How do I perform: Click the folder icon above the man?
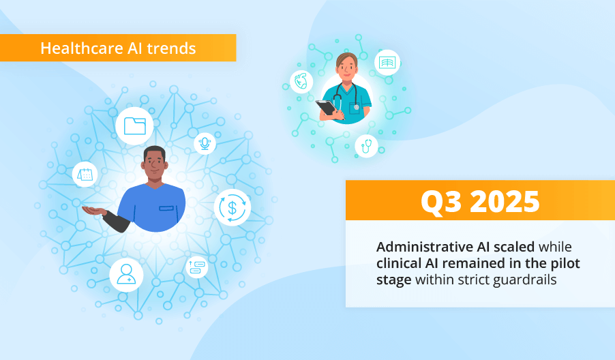pos(134,126)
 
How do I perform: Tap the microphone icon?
pos(204,144)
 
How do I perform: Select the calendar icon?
pos(85,175)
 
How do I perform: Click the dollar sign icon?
pos(232,207)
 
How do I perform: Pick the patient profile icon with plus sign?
pos(127,274)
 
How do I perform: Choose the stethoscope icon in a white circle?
pos(367,145)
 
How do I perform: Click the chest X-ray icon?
pos(387,63)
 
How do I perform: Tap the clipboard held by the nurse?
pos(327,108)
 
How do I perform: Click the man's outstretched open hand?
pos(94,211)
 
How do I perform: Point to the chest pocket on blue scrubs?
pos(166,208)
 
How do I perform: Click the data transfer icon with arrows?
pos(196,267)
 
